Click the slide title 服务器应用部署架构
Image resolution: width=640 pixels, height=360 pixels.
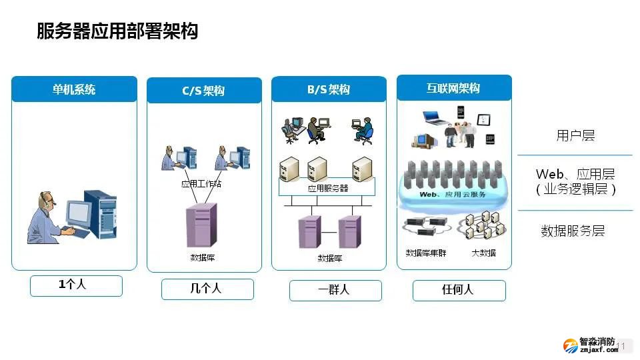point(117,31)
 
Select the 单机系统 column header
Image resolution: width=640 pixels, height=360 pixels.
point(74,89)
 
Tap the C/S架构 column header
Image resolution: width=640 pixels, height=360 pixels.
point(203,91)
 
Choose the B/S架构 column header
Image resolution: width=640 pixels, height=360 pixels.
point(329,89)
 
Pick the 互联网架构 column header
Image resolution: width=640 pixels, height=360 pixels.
point(453,88)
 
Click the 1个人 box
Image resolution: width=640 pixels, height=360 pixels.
point(76,285)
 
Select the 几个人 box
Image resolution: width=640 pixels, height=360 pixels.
point(207,289)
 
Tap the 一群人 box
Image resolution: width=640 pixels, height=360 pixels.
point(335,290)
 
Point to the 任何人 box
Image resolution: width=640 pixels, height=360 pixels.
point(459,290)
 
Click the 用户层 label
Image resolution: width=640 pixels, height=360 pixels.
point(575,136)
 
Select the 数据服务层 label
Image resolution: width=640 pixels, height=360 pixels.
point(573,231)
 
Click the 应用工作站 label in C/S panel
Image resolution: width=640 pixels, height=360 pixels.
point(201,183)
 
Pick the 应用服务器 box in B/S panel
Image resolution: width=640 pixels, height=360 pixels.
point(328,188)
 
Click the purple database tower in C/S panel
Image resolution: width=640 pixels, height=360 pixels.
point(201,225)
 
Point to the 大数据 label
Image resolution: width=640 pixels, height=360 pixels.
point(483,253)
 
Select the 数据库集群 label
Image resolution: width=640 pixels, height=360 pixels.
point(426,253)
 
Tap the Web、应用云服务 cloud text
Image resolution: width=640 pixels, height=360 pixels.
point(453,195)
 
